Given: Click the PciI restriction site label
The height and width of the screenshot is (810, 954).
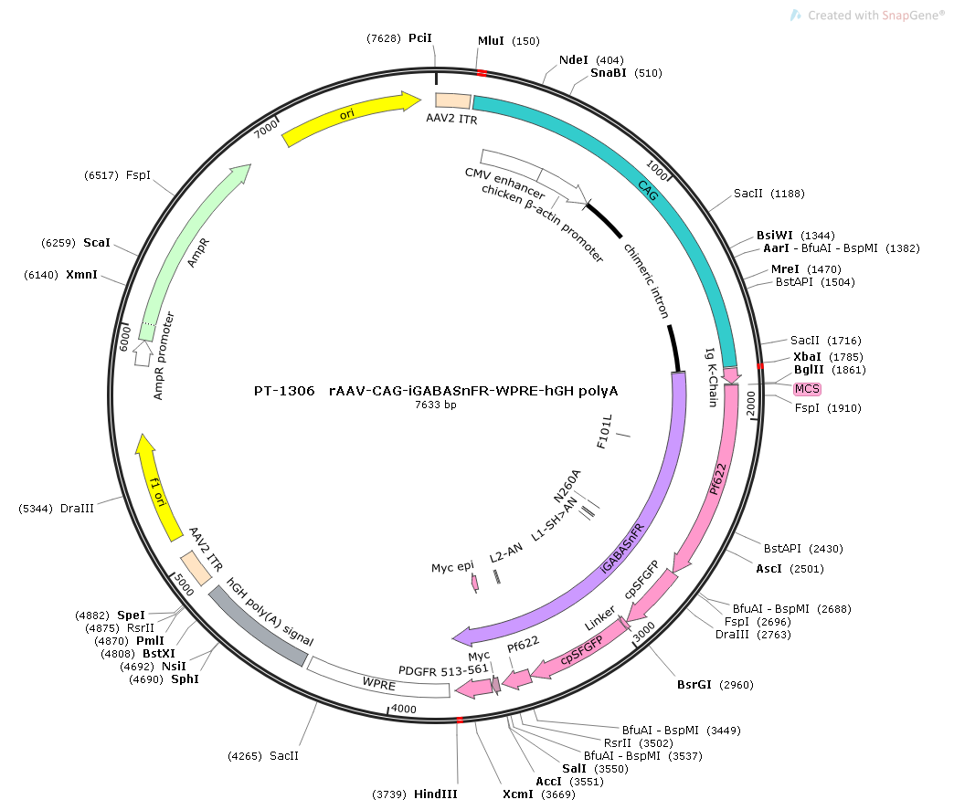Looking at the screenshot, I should pos(419,38).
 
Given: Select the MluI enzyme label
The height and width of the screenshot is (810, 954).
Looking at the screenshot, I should pos(491,41).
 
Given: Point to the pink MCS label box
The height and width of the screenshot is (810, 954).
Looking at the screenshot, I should pos(808,389).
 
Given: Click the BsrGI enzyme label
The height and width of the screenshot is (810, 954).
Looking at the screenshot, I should pos(694,684).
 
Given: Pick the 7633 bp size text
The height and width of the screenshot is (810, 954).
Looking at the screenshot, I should pos(436,405).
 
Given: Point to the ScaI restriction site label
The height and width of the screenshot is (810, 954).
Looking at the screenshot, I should pos(96,243).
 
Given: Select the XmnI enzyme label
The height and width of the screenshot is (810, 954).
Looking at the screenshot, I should pos(81,275).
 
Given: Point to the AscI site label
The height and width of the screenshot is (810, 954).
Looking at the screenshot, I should pos(768,568).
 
